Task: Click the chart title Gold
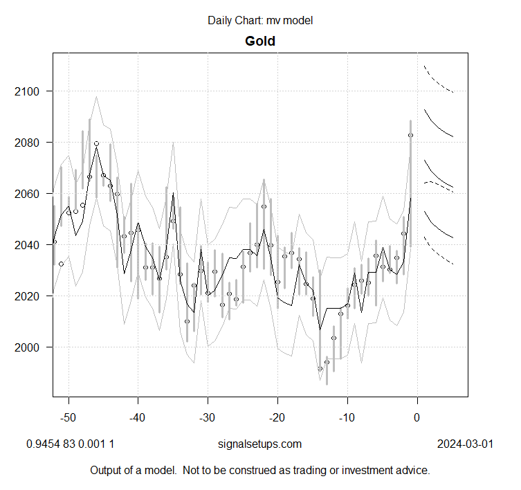260,41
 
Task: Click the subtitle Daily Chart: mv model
260,20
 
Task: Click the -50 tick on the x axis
68,417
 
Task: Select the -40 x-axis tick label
138,417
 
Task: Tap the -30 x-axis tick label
208,417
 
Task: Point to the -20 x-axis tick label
277,417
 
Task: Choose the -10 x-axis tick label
347,417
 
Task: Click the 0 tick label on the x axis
417,417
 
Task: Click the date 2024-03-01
465,444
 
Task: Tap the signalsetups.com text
259,444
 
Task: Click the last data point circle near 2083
410,136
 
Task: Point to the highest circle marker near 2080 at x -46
96,143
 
